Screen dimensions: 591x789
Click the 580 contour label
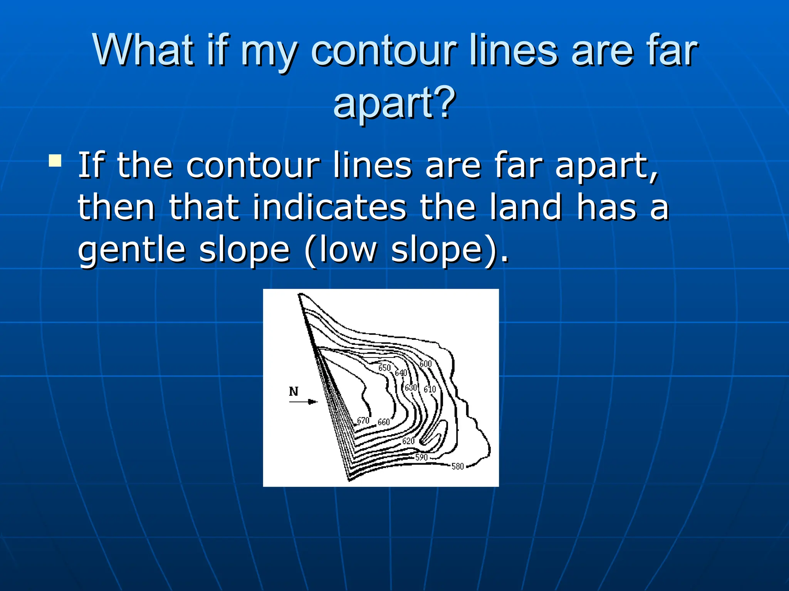(457, 466)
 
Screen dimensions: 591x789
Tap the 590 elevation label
(421, 457)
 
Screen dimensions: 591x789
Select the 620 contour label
(408, 441)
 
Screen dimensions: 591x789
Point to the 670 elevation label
(363, 421)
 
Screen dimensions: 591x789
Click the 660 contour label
(384, 422)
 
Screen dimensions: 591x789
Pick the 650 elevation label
(384, 368)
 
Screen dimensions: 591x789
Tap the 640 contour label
(401, 373)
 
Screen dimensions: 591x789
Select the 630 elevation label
(411, 387)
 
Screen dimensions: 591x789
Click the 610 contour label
(430, 389)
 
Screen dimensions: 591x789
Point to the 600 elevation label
(425, 364)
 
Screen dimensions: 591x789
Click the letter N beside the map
(294, 391)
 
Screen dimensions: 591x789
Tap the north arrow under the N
(303, 402)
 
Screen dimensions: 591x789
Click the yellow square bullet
(55, 160)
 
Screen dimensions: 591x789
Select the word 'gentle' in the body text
(131, 250)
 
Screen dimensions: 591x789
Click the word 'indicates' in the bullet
(329, 208)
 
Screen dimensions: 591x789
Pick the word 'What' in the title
(143, 50)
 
